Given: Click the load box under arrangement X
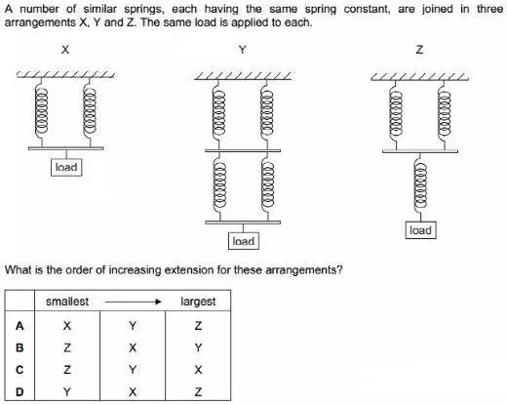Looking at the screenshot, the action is (66, 167).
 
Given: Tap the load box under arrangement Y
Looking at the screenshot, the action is (244, 241).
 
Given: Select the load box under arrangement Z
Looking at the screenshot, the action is (420, 230).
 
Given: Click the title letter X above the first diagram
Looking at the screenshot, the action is (65, 50).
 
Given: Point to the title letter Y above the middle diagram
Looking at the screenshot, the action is (243, 50).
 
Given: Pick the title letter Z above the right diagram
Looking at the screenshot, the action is (419, 50).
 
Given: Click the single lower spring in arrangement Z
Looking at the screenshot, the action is (420, 187).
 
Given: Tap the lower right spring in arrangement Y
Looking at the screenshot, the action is (267, 186).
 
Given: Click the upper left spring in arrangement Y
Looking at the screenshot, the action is (219, 114).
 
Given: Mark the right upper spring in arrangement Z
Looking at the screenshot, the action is (445, 115).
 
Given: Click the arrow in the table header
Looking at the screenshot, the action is (133, 302).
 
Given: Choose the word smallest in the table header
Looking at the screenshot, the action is (67, 302).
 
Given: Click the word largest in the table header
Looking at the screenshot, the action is (198, 302).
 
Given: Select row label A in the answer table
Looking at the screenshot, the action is (19, 326).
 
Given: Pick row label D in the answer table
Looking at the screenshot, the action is (19, 392).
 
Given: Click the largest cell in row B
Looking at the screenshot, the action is (198, 347).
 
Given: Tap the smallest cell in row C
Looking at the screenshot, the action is (67, 370).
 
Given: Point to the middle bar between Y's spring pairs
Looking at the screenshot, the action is (243, 151).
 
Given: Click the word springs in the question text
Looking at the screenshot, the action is (142, 9).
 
